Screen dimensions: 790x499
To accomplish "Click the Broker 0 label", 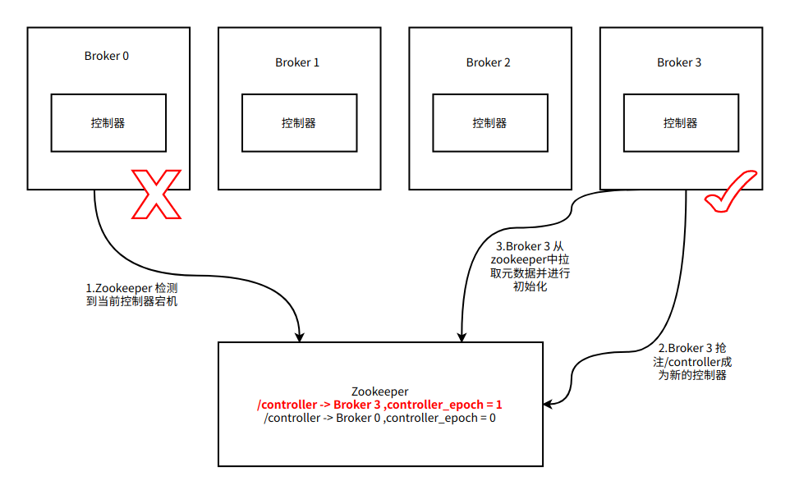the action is (106, 56).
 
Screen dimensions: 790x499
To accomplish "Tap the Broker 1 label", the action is (297, 62).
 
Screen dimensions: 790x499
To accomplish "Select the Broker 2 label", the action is (489, 62).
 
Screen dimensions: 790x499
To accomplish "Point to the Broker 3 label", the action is (679, 62).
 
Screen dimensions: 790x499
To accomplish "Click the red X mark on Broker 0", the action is (156, 195).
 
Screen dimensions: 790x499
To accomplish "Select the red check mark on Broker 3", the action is (731, 192).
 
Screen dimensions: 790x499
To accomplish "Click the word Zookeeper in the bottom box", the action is (380, 391).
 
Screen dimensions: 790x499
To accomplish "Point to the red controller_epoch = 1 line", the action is (379, 405).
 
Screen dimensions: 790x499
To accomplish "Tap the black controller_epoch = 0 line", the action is (379, 418).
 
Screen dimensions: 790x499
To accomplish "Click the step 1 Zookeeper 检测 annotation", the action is (131, 295).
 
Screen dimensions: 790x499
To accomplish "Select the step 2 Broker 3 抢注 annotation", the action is (692, 362).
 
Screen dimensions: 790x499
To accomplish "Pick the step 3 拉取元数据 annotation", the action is (530, 267).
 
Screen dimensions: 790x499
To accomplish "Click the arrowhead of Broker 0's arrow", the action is (300, 337).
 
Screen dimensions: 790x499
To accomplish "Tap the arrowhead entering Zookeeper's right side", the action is (549, 404).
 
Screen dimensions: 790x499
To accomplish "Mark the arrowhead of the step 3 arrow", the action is (462, 337).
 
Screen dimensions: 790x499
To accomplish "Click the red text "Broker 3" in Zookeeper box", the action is (356, 405).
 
